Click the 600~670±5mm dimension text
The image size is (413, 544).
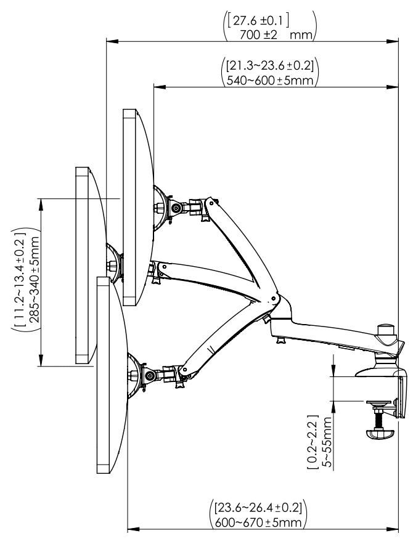[260, 522]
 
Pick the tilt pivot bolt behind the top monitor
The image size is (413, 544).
[178, 208]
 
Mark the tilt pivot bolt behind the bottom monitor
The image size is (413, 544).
[150, 375]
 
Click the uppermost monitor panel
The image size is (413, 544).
[130, 206]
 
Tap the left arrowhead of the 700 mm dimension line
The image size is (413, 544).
[108, 42]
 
